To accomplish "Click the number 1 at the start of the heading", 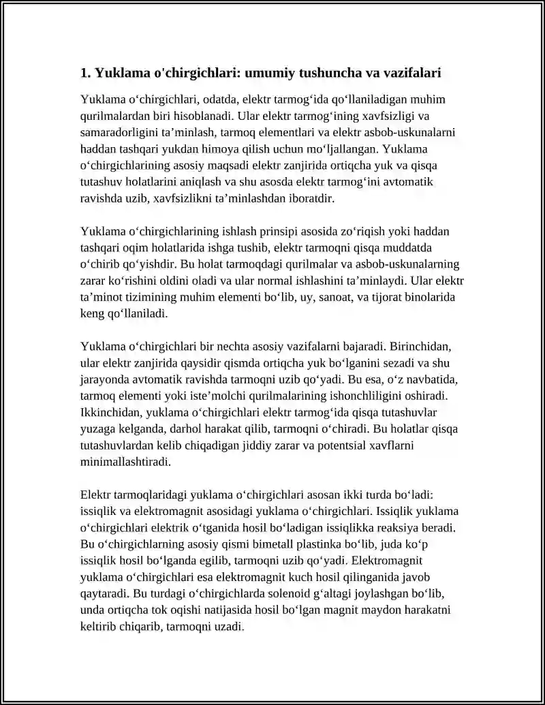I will coord(84,72).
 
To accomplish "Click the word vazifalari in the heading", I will coord(415,72).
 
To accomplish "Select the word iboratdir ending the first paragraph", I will coord(307,198).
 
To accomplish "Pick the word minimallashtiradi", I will coord(125,463).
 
